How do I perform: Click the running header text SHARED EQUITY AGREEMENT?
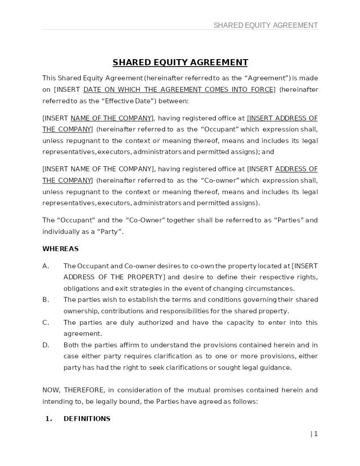[x=266, y=25]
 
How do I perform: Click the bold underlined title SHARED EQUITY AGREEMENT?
[x=180, y=62]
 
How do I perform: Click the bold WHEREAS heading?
[x=60, y=249]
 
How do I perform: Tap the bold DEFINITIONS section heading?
[x=87, y=419]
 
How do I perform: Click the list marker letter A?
[x=45, y=266]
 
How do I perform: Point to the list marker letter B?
[x=45, y=300]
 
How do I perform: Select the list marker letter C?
[x=45, y=323]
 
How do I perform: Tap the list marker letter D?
[x=45, y=345]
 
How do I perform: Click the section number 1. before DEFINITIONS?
[x=49, y=419]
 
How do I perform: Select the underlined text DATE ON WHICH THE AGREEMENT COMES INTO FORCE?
[x=178, y=90]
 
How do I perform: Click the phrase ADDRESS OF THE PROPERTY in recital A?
[x=114, y=277]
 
